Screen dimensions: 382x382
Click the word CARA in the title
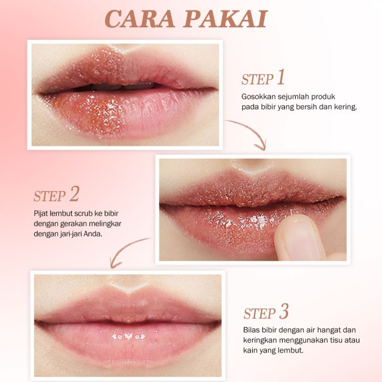coord(140,19)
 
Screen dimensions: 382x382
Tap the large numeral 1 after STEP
coord(281,77)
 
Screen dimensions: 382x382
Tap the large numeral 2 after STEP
coord(74,194)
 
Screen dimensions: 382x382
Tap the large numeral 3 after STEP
coord(284,311)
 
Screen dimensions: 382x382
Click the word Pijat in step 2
coord(41,214)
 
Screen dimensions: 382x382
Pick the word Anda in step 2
coord(93,234)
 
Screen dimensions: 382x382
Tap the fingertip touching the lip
coord(300,237)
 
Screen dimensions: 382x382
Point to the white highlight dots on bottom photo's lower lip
coord(128,337)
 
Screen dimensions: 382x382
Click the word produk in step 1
coord(323,97)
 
